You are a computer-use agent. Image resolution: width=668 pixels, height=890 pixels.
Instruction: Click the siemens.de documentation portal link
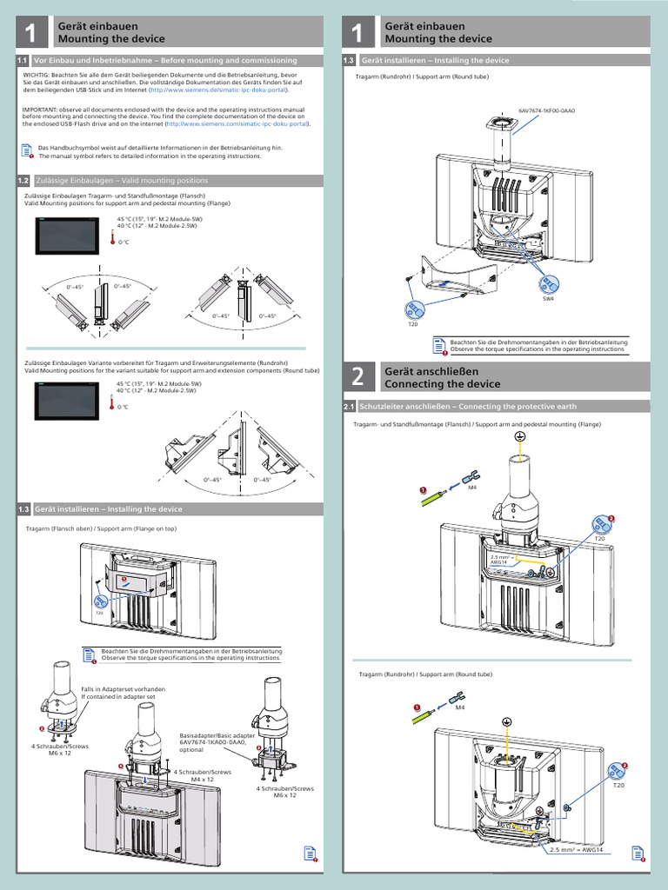(x=218, y=90)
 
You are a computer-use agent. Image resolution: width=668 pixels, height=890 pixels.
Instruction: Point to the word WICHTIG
(x=36, y=76)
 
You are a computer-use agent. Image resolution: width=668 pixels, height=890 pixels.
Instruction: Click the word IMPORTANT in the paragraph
(x=39, y=110)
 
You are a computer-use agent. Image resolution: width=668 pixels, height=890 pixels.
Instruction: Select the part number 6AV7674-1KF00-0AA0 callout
(x=547, y=112)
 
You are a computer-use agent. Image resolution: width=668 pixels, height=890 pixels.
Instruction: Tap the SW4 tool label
(x=548, y=298)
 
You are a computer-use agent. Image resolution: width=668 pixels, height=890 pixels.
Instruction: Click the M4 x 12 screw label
(x=204, y=780)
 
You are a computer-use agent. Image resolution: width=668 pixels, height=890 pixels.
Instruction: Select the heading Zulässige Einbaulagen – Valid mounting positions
(x=121, y=181)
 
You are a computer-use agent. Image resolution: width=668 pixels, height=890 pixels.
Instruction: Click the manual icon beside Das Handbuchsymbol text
(x=26, y=151)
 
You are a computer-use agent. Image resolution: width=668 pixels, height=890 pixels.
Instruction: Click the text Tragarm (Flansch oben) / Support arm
(x=101, y=528)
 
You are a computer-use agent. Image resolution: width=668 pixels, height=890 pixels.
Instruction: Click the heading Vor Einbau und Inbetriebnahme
(x=165, y=61)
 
